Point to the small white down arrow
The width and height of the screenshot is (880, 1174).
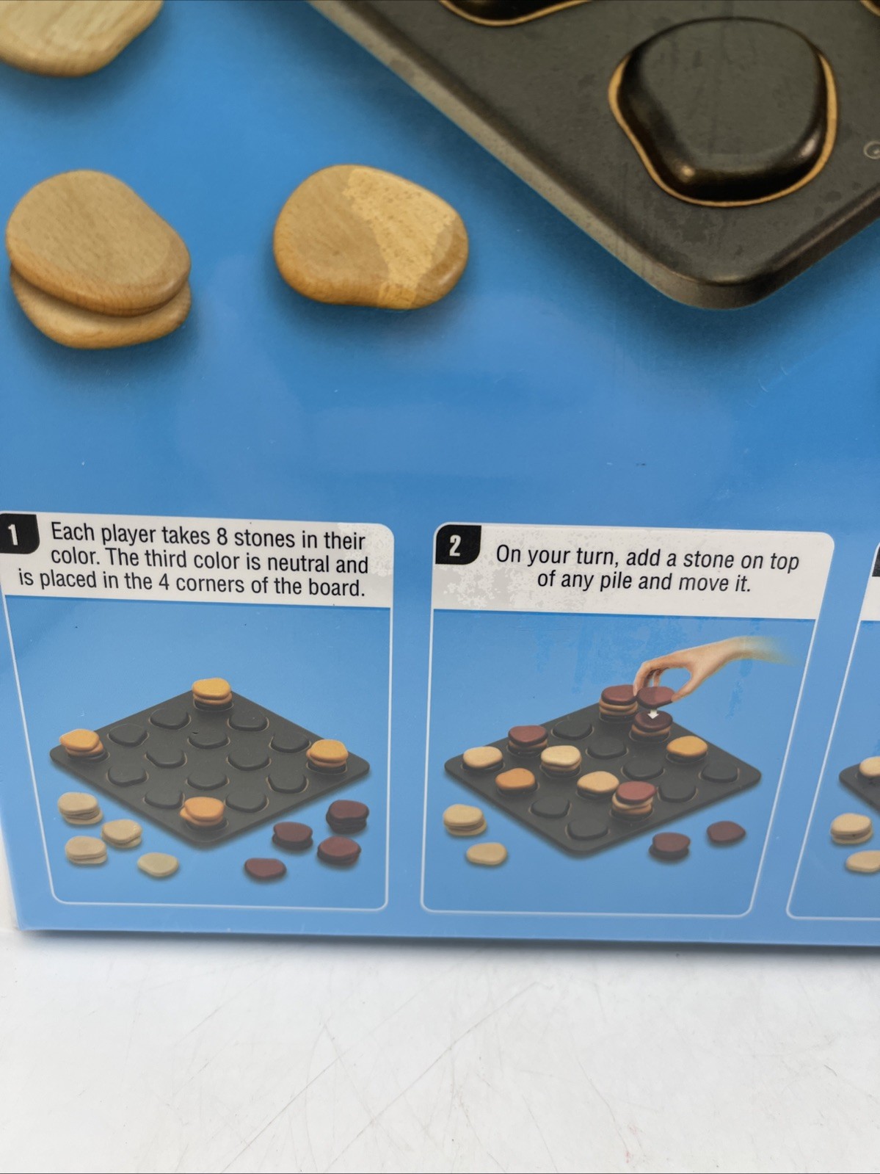pyautogui.click(x=652, y=714)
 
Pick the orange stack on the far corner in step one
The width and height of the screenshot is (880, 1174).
pyautogui.click(x=211, y=694)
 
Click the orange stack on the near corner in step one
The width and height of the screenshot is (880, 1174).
pyautogui.click(x=203, y=811)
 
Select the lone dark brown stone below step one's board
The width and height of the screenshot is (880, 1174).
pyautogui.click(x=265, y=869)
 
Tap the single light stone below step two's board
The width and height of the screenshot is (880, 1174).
pyautogui.click(x=486, y=854)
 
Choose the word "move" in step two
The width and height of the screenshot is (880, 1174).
pyautogui.click(x=703, y=583)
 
